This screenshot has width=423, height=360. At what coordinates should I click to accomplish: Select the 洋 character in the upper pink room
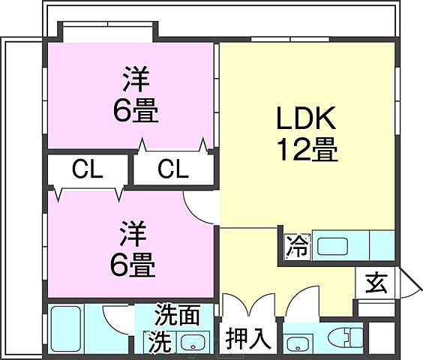pos(136,79)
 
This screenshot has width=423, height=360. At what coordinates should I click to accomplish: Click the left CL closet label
pos(87,169)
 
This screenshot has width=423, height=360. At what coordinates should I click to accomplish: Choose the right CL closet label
pos(172,169)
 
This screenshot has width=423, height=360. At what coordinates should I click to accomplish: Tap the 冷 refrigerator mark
pos(297,245)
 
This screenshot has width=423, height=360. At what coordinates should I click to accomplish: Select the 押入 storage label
pos(248,338)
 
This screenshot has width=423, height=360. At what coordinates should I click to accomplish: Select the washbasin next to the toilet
pos(298,343)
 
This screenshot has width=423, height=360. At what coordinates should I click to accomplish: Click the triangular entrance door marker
pos(408,283)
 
